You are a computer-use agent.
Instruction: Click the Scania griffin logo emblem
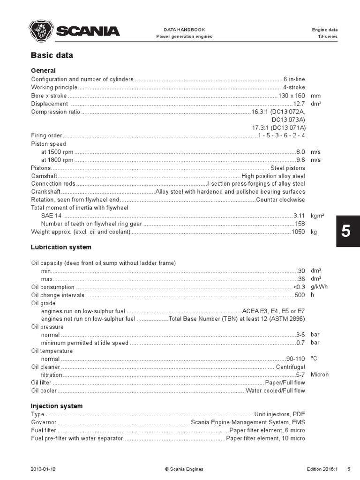pos(41,31)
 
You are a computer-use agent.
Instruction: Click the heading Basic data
pos(52,55)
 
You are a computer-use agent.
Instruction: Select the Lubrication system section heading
pos(61,247)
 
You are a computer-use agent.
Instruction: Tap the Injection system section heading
pos(56,406)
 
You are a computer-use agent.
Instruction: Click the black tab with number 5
pos(345,231)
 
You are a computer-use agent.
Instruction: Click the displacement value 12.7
pos(299,104)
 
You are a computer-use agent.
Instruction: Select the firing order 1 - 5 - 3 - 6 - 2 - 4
pos(281,135)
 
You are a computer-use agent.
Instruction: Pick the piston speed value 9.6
pos(300,160)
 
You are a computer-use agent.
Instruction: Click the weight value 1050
pos(298,232)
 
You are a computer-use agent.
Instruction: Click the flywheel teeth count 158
pos(300,224)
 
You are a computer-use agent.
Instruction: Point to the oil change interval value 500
pos(300,295)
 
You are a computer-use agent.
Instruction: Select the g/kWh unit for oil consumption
pos(318,287)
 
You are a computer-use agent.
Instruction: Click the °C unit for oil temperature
pos(314,359)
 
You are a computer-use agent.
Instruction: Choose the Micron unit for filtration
pos(320,375)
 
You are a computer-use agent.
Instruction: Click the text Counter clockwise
pos(280,200)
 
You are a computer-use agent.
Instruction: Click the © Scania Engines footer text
pos(184,469)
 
